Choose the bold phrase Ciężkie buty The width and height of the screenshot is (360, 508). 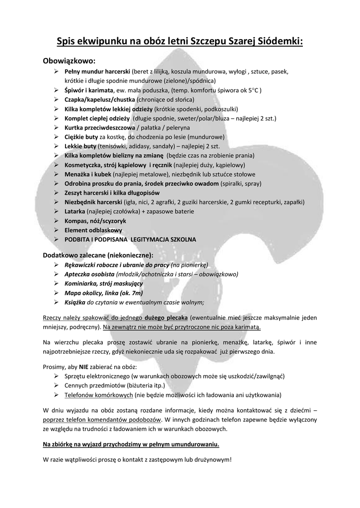(x=80, y=137)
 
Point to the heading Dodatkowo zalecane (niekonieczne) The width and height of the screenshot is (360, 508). (x=98, y=254)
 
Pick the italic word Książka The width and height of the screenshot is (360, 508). (x=75, y=302)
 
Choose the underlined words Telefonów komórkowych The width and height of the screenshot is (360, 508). (x=98, y=395)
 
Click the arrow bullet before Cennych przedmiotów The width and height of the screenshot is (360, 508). (x=56, y=385)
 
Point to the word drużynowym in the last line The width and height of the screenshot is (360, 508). (x=211, y=459)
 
